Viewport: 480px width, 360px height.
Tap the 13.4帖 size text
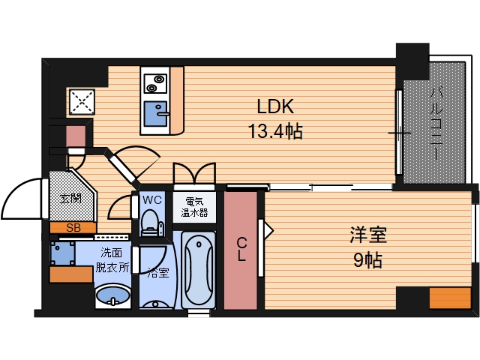click(274, 133)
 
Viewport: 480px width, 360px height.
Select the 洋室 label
click(367, 234)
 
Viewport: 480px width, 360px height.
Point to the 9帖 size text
click(367, 260)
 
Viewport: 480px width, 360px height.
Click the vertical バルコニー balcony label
click(436, 123)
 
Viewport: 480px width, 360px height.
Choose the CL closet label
click(242, 249)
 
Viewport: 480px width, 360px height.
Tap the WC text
click(152, 200)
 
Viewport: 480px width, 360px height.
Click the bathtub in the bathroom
click(198, 269)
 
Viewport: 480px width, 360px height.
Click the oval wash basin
click(113, 295)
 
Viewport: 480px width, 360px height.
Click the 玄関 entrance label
click(70, 199)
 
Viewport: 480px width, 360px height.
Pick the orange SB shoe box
click(73, 226)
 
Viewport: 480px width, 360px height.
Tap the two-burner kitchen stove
click(155, 79)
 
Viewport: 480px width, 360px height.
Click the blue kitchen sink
click(157, 113)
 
